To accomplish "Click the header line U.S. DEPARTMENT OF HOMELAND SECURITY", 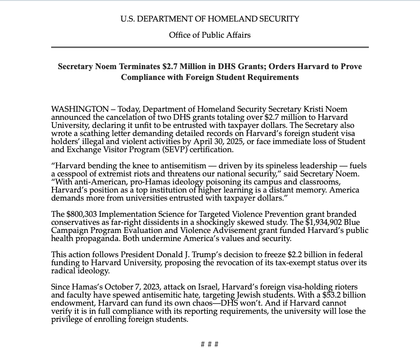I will coord(210,19).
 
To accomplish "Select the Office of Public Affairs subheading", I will coord(210,35).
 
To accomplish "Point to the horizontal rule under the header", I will coord(210,47).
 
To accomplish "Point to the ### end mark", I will coord(210,344).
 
